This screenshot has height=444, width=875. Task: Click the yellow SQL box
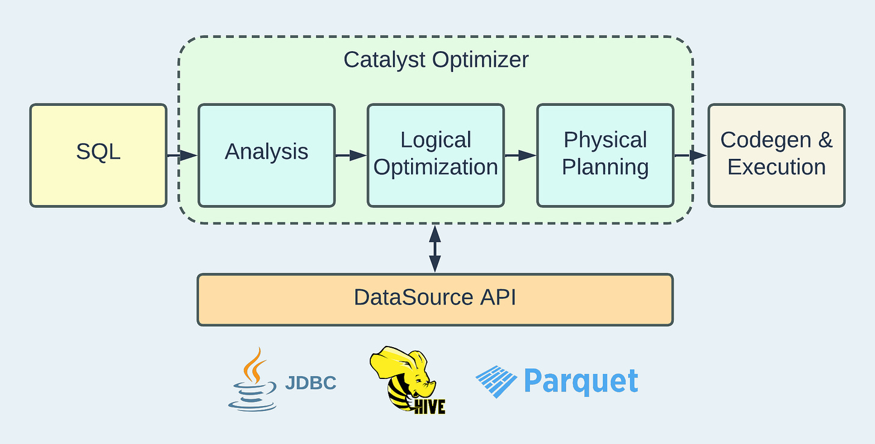click(98, 155)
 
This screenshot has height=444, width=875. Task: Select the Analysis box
click(266, 155)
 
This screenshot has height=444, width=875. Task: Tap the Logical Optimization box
click(436, 155)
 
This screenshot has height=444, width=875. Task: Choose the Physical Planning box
click(605, 155)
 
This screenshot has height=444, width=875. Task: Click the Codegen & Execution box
click(776, 155)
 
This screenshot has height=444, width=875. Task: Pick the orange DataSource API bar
click(434, 299)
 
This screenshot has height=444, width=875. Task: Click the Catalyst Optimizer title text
click(436, 60)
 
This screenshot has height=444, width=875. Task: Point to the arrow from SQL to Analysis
click(182, 155)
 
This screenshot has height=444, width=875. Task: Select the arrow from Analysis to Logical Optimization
click(351, 155)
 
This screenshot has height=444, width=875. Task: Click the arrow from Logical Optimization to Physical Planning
click(520, 155)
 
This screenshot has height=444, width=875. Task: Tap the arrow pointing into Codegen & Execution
click(691, 155)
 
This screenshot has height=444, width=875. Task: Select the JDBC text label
click(310, 383)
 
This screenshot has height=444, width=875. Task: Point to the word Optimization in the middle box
click(436, 167)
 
